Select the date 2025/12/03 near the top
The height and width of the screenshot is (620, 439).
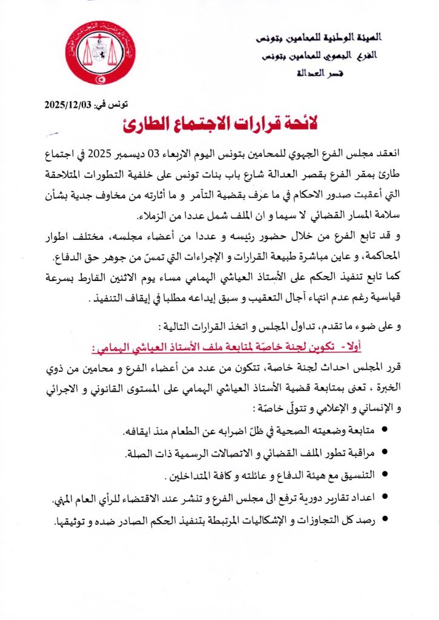(67, 104)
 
